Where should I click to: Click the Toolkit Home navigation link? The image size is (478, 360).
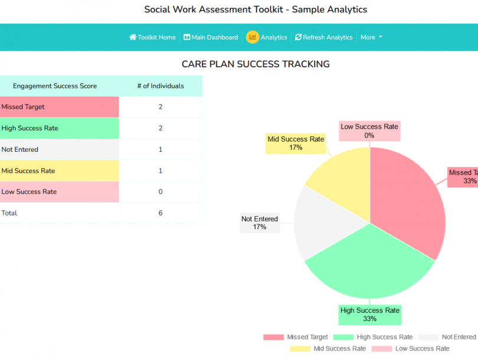[x=152, y=37]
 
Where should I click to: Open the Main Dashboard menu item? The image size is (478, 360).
[x=211, y=37]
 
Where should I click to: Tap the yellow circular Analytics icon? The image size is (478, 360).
[x=253, y=37]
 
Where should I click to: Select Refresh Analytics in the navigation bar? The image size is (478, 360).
[x=324, y=37]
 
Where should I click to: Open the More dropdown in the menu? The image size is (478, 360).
[x=371, y=37]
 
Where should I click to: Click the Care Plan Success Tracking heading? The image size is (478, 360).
[x=256, y=64]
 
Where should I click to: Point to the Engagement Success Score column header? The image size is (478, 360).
[x=55, y=86]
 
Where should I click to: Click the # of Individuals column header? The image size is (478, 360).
[x=161, y=86]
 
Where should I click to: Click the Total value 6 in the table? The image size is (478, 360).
[x=161, y=213]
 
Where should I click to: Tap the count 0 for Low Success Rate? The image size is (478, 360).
[x=161, y=192]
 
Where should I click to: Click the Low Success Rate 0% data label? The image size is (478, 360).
[x=369, y=131]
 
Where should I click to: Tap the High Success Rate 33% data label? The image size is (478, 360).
[x=369, y=315]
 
